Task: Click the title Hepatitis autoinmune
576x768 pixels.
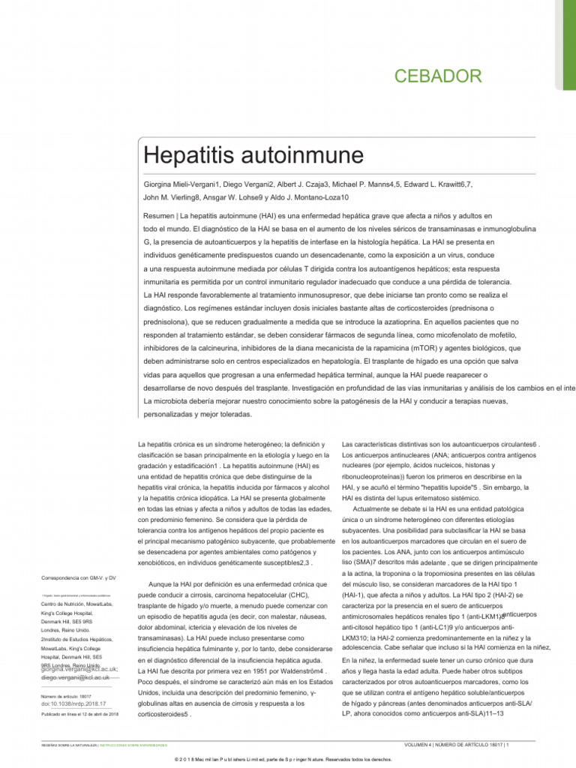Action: [253, 157]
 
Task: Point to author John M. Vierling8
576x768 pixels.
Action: [174, 198]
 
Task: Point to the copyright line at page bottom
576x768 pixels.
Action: [288, 759]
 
